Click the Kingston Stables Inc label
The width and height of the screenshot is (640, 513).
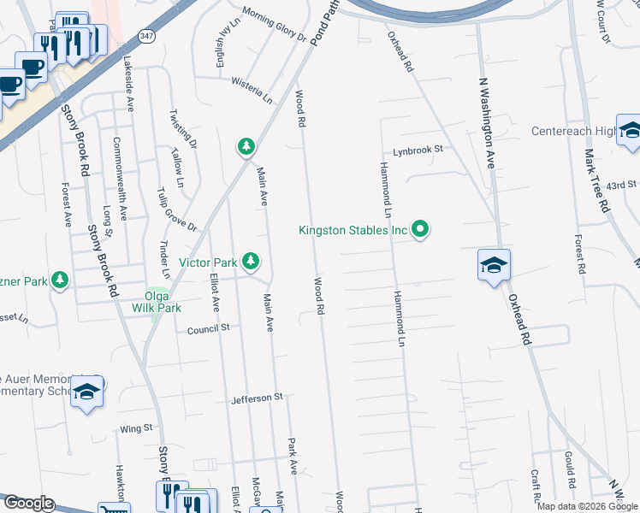pyautogui.click(x=352, y=230)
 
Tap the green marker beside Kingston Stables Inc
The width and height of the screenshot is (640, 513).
pyautogui.click(x=420, y=229)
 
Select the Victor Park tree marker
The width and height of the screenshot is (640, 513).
pyautogui.click(x=250, y=260)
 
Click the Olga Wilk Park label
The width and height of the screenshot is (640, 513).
pyautogui.click(x=157, y=300)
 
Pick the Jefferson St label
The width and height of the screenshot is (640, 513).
pyautogui.click(x=256, y=398)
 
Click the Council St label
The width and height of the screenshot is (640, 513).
pyautogui.click(x=209, y=327)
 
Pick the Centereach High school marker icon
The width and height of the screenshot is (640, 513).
pyautogui.click(x=630, y=132)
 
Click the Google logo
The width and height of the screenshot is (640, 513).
pyautogui.click(x=27, y=504)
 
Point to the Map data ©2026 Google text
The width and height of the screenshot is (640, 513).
pyautogui.click(x=588, y=506)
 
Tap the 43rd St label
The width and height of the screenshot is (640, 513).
pyautogui.click(x=621, y=185)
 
